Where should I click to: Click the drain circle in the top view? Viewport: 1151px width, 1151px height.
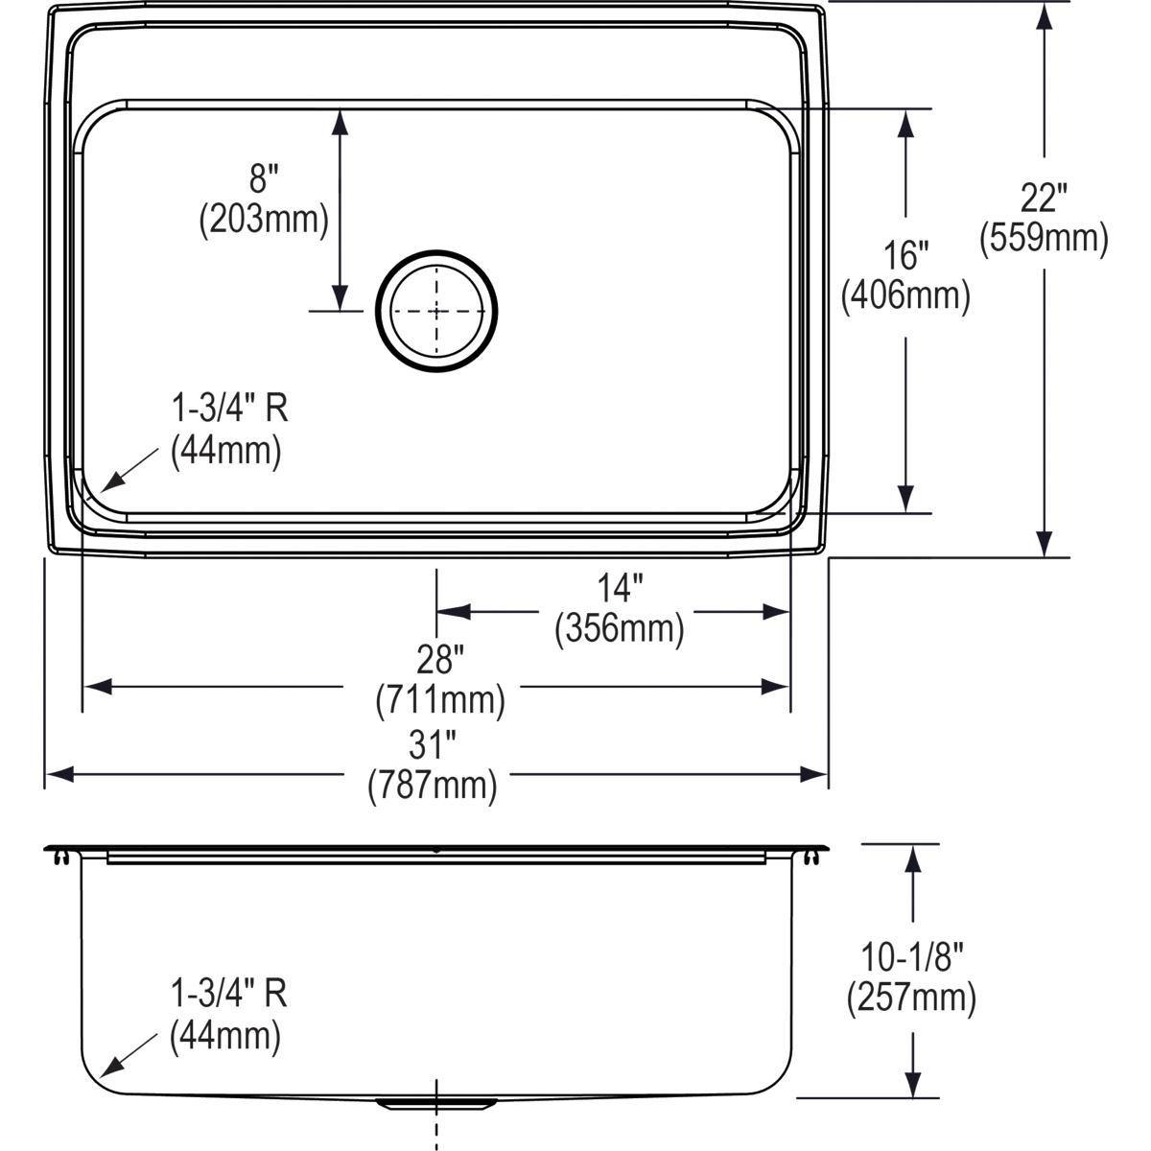point(437,311)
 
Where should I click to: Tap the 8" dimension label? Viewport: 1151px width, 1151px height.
point(264,179)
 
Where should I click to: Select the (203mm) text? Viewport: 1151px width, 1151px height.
point(264,221)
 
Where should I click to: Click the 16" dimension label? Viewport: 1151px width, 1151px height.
point(905,256)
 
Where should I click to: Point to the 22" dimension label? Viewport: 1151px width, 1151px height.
point(1044,199)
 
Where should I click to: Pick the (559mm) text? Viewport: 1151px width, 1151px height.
point(1044,239)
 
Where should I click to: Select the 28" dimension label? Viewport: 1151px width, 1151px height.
point(440,660)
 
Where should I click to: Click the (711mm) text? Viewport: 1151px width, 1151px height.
point(440,701)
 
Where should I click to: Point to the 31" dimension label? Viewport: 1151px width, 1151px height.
point(433,744)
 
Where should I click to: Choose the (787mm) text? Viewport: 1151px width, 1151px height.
point(433,787)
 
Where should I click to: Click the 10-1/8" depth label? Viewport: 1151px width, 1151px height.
point(911,956)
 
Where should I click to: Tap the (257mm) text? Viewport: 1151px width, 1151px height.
point(911,998)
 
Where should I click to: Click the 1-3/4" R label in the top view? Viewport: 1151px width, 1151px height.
point(229,411)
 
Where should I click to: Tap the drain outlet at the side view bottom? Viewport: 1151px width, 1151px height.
point(437,1103)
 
